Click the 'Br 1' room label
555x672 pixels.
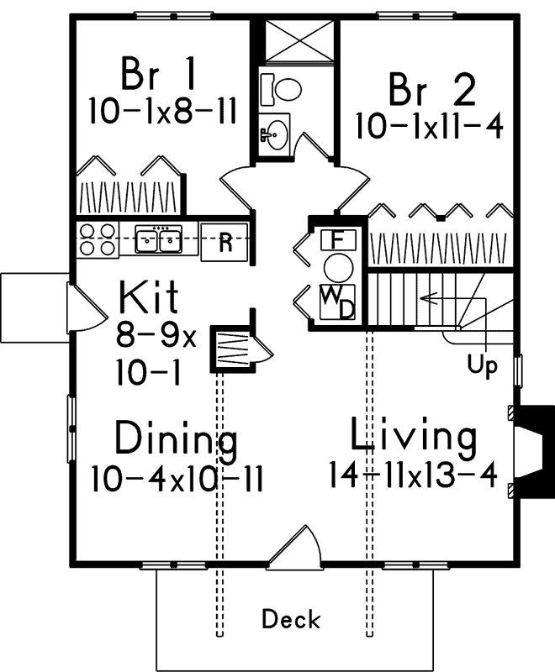(159, 73)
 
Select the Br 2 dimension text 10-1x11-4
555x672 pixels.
(429, 128)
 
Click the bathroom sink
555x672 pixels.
(275, 133)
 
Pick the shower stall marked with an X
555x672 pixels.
(298, 39)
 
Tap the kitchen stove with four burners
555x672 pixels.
(97, 240)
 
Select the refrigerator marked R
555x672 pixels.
(225, 242)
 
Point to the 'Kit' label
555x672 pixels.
(149, 298)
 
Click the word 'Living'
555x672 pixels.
(414, 437)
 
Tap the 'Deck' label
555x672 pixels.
(291, 620)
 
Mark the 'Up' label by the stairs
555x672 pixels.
(483, 366)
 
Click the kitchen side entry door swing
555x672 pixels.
(81, 309)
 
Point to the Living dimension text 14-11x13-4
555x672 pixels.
(413, 475)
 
